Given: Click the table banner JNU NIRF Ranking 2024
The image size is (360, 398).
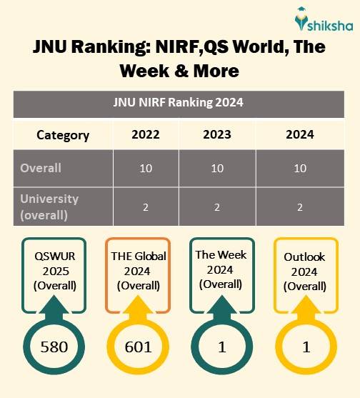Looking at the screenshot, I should tap(179, 102).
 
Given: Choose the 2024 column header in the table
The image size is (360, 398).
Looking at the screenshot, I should tap(300, 135).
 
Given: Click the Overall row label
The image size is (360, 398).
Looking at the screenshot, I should tap(41, 169).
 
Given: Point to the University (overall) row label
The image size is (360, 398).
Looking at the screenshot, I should tap(49, 206).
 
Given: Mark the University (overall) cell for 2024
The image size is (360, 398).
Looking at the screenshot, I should tap(300, 207).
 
